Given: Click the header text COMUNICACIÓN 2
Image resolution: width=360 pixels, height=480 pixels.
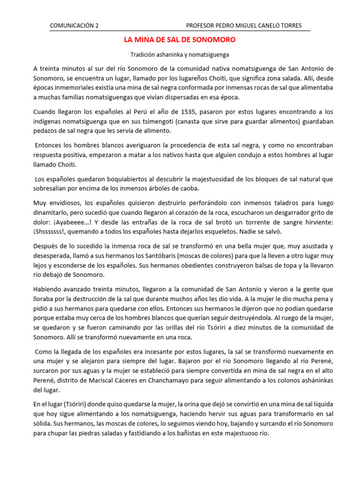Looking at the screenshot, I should tap(74, 25).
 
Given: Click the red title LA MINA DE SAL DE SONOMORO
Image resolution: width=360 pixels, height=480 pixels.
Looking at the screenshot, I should tap(180, 40).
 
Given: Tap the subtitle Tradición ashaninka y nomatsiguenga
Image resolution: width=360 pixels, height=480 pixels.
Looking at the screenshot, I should tap(180, 55).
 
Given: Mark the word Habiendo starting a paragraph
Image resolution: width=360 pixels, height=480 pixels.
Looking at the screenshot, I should tap(48, 289).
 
